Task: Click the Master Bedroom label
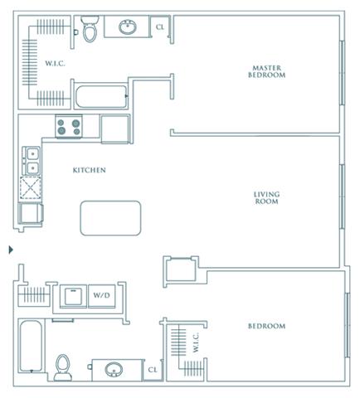click(266, 71)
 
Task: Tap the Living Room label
click(266, 198)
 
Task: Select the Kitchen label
click(90, 170)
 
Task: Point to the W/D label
click(101, 295)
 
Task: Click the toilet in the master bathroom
click(90, 28)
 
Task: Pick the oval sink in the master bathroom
click(128, 27)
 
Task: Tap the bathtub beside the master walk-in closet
click(101, 96)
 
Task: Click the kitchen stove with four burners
click(69, 126)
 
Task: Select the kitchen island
click(110, 218)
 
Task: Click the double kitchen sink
click(32, 161)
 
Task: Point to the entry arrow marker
click(11, 250)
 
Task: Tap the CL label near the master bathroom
click(160, 27)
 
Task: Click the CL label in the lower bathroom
click(153, 370)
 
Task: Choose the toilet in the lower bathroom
click(63, 367)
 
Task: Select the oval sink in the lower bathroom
click(114, 370)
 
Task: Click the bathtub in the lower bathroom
click(32, 346)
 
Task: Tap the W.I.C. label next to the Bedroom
click(196, 342)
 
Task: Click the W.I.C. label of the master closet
click(56, 64)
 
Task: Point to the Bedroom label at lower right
click(266, 326)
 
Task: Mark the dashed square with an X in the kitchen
click(31, 187)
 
